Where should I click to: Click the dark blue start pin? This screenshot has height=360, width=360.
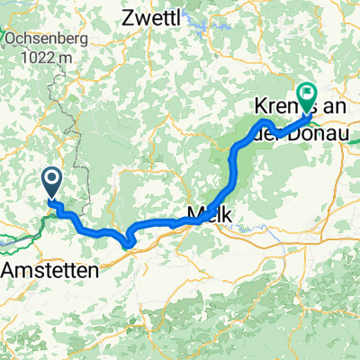(x=50, y=183)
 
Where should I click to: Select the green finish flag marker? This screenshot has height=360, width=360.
(x=309, y=94)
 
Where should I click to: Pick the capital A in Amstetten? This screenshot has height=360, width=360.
(x=11, y=271)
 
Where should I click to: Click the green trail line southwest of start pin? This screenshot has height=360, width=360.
(x=18, y=238)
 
